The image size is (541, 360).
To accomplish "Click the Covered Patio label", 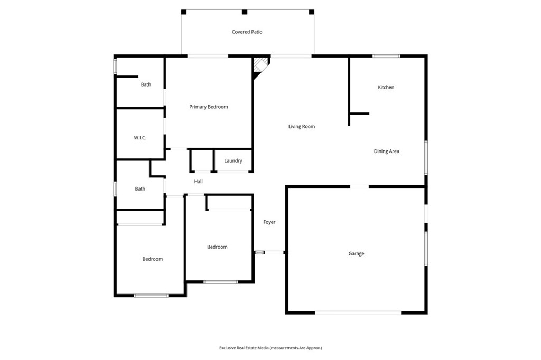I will coord(247,32).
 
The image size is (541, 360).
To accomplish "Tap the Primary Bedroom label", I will coord(209,107).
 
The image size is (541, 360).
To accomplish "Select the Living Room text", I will coord(302,127).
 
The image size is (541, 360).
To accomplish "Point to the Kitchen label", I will coord(386,88).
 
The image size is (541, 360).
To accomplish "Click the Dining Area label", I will coord(386,151).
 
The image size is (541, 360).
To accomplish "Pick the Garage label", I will coord(356,254).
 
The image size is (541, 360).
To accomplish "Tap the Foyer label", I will coord(269,222).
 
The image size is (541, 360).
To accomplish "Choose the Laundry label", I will coord(233,161).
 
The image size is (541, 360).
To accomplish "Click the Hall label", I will coord(198,182).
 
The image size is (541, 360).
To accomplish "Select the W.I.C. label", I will coord(139,138).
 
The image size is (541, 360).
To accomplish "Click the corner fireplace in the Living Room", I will coord(259,66).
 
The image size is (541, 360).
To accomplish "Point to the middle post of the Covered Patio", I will coord(244,12).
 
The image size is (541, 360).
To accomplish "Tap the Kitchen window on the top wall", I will coord(386,55).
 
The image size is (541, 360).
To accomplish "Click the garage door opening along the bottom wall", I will coord(358,312).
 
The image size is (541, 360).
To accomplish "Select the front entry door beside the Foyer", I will coord(274,252).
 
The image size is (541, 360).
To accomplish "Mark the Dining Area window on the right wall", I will coord(426,157).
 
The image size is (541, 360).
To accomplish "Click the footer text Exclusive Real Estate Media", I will coord(270,348).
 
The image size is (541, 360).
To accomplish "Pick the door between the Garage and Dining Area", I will coord(360,186).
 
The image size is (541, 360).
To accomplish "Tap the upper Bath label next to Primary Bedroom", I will coord(146,84).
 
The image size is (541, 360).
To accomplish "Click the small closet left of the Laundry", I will coord(201,161).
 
